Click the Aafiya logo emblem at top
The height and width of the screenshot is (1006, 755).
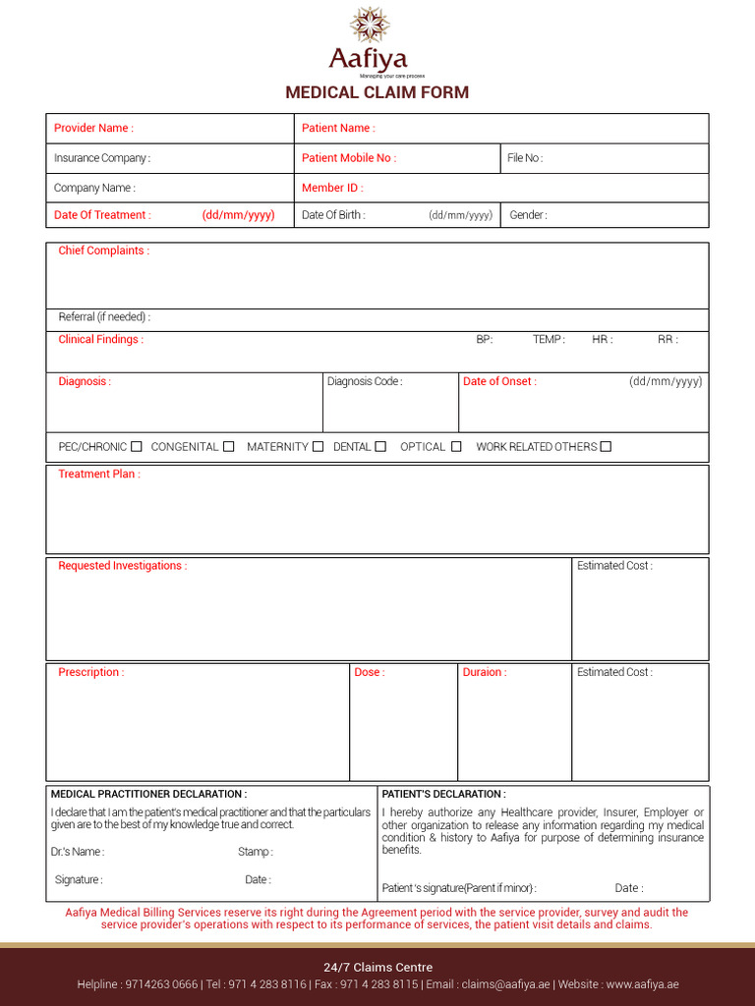[x=370, y=25]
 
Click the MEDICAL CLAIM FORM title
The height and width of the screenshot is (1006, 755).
[x=377, y=92]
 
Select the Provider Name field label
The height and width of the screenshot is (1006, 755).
[x=93, y=128]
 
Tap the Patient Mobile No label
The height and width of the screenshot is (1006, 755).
[x=349, y=158]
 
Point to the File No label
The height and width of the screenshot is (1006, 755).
[x=525, y=158]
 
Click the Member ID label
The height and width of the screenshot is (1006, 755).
[x=332, y=188]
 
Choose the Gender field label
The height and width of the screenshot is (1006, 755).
[x=528, y=215]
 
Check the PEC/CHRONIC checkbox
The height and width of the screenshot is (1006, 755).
[x=137, y=446]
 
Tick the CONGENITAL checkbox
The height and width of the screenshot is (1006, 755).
[x=228, y=446]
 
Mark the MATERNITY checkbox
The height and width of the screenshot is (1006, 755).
[x=318, y=446]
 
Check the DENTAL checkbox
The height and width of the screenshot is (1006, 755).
[x=380, y=446]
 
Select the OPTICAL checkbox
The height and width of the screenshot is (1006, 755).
[x=456, y=446]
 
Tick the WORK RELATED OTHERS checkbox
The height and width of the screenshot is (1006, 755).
[x=606, y=446]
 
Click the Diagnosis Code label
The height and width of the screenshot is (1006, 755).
[x=365, y=381]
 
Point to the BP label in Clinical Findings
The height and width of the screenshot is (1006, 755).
[x=484, y=340]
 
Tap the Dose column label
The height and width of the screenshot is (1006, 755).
[x=370, y=672]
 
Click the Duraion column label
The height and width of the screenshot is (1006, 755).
[x=485, y=672]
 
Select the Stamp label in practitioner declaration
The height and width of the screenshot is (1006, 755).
[x=256, y=852]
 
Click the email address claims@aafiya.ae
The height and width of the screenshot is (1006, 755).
[x=505, y=984]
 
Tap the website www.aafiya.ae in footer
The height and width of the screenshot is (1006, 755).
[x=642, y=984]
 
